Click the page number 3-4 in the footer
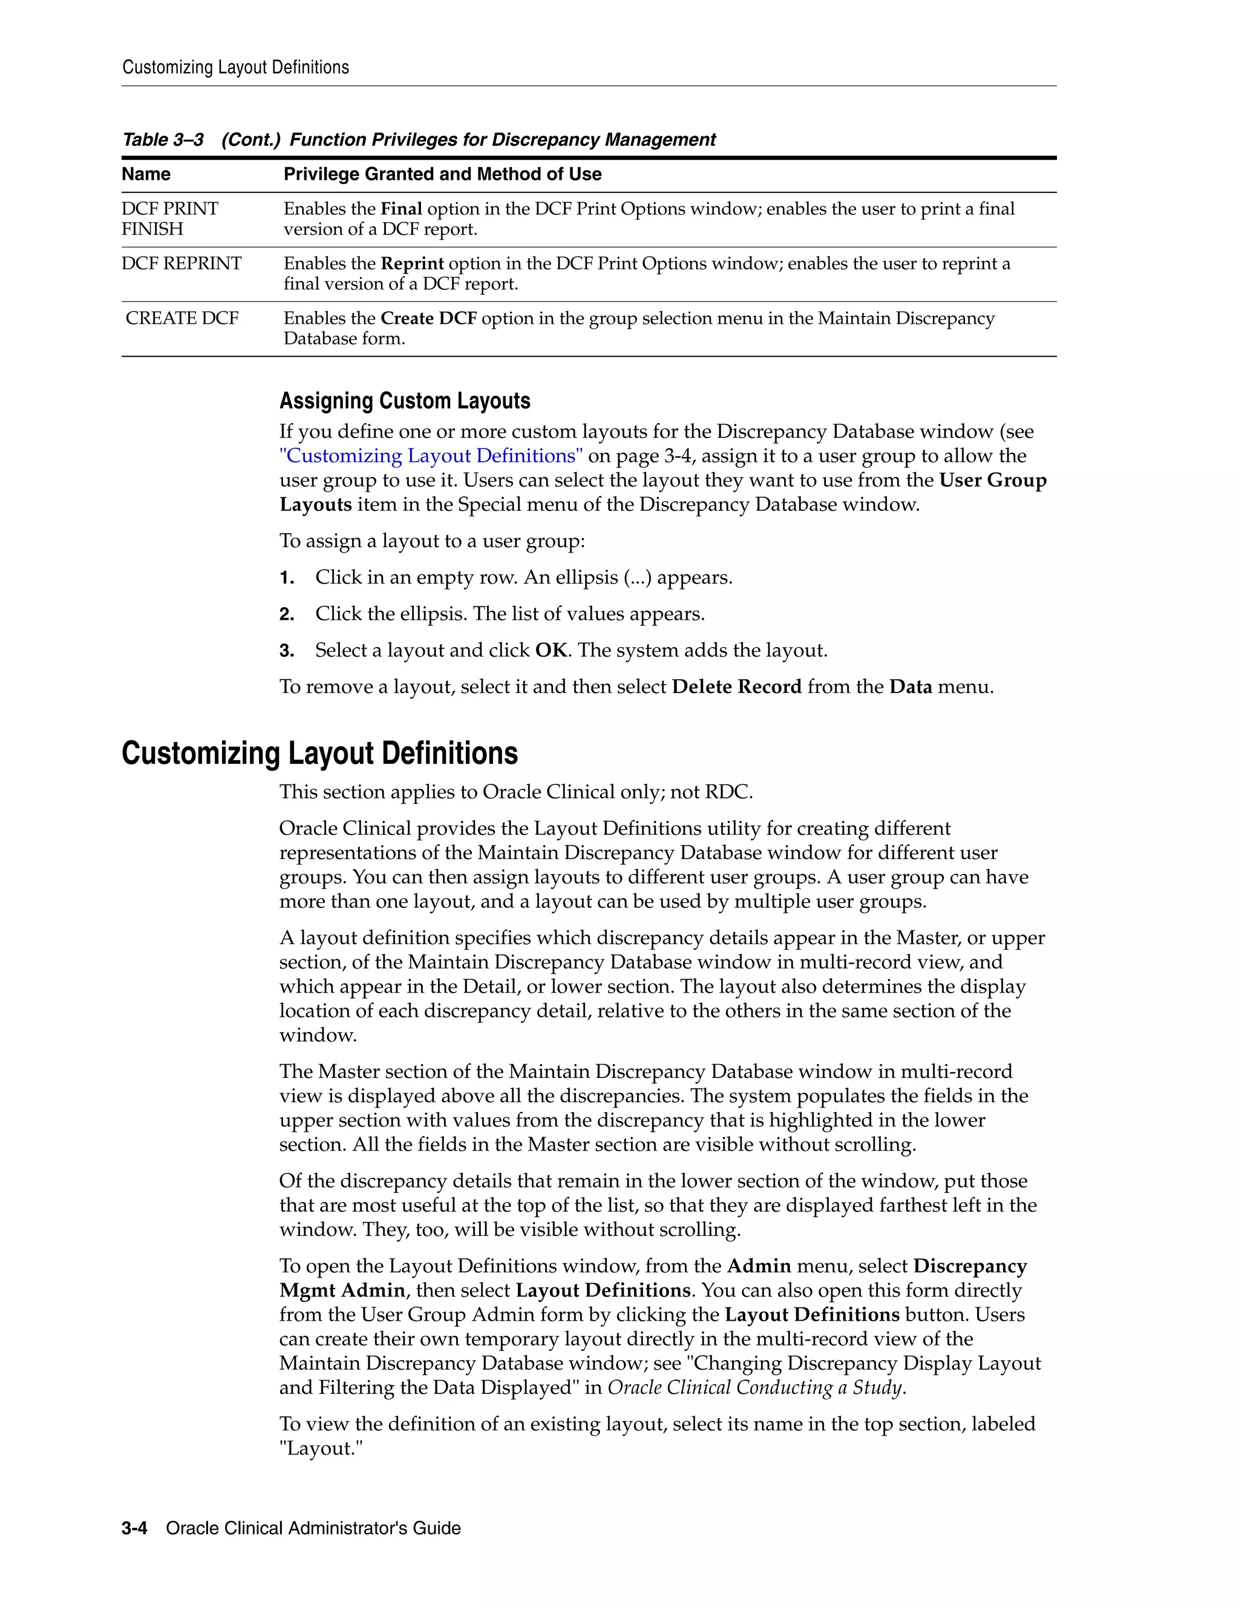coord(134,1528)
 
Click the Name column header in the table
coord(146,174)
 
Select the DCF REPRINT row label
coord(181,264)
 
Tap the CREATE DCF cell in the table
coord(182,319)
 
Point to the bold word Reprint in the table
coord(412,264)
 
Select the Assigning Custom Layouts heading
coord(405,401)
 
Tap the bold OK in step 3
coord(551,651)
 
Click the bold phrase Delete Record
coord(736,688)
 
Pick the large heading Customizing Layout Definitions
coord(319,754)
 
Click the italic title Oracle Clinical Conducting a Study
coord(755,1388)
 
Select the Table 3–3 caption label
coord(163,140)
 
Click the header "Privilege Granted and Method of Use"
coord(443,174)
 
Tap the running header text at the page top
coord(235,68)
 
